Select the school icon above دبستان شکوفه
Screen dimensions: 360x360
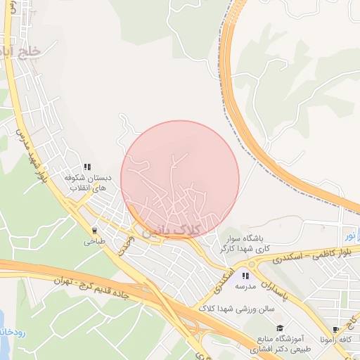coord(87,167)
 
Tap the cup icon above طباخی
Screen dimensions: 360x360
coord(94,229)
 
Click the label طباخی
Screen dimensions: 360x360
coord(94,241)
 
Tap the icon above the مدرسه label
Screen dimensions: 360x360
coord(245,276)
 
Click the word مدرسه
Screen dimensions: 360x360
coord(245,288)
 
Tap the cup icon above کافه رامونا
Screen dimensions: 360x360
coord(336,329)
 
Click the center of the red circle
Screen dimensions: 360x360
coord(180,180)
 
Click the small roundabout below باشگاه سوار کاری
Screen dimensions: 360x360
coord(251,264)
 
